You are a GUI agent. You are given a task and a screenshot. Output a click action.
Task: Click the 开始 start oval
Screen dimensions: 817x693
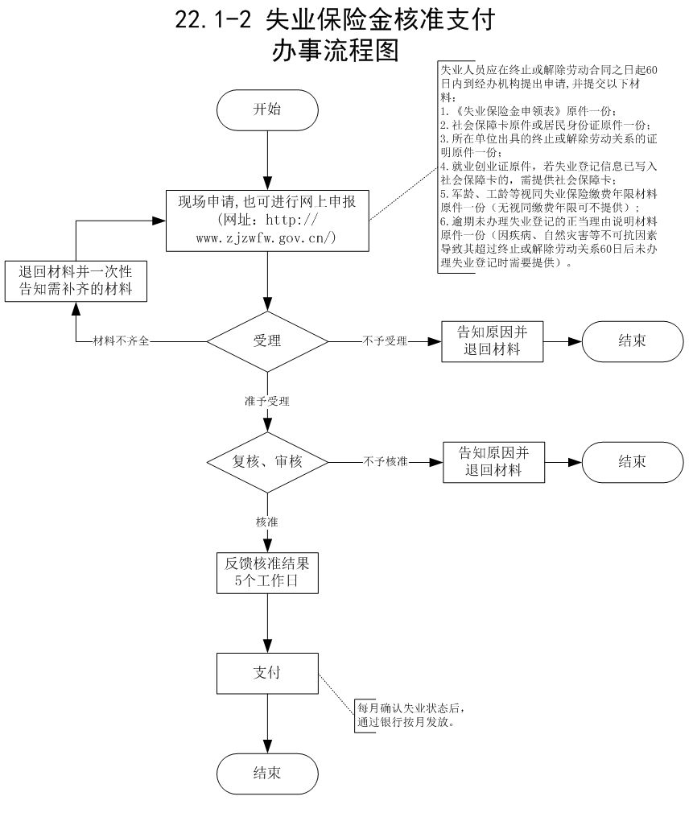coord(267,109)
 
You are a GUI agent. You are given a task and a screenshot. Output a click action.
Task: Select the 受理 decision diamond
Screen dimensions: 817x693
coord(267,340)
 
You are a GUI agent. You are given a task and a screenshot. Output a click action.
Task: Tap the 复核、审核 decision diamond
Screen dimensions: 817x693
coord(268,462)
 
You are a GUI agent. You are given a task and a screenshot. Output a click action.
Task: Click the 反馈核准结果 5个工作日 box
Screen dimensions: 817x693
coord(266,571)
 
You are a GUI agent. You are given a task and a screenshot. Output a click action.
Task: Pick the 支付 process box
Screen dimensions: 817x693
coord(267,672)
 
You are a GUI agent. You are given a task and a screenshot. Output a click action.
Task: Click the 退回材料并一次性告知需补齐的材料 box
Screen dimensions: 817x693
coord(76,281)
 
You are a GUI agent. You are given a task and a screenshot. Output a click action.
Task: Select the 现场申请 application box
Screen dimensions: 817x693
coord(267,219)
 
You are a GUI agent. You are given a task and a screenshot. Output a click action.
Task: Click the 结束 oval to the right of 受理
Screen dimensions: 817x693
coord(632,340)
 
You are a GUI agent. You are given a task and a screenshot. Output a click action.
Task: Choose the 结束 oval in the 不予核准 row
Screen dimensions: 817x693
coord(632,461)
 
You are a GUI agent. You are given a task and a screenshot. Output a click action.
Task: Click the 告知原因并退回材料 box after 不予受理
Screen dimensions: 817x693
coord(493,340)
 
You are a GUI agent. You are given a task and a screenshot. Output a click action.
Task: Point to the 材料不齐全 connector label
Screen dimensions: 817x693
coord(122,341)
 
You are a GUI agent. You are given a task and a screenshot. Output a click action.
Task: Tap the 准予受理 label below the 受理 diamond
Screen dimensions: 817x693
coord(267,400)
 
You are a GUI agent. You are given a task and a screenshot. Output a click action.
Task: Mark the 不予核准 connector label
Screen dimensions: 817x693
coord(386,462)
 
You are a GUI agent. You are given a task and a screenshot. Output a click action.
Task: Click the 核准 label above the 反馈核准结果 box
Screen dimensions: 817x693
coord(267,522)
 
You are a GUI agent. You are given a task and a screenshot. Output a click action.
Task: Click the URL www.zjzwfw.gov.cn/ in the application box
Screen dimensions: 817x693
coord(266,238)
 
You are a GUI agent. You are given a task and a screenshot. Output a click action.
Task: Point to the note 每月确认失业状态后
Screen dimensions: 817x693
coord(410,708)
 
